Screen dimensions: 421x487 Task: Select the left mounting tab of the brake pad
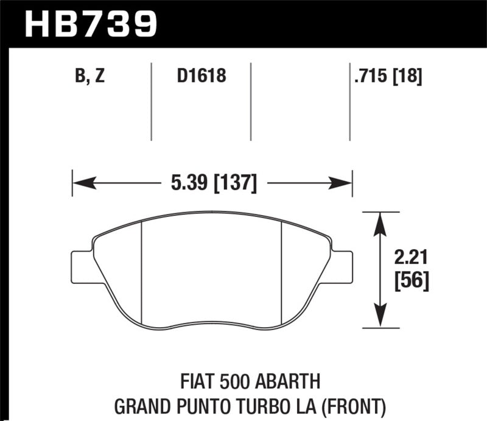pos(82,265)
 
